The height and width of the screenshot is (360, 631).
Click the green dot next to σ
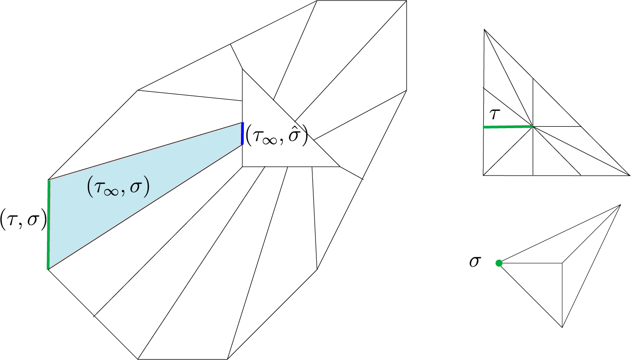[499, 263]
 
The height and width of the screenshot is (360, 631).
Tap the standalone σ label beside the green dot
[475, 262]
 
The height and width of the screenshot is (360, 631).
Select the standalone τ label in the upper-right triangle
[495, 114]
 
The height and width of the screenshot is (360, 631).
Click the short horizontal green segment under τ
[508, 127]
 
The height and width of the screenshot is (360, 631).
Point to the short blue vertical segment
[242, 133]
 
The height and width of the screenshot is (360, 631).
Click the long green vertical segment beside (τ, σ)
[48, 225]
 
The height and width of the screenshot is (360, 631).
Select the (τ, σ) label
[23, 219]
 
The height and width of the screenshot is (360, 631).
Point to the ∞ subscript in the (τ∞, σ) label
[111, 192]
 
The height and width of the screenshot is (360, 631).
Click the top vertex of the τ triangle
[484, 29]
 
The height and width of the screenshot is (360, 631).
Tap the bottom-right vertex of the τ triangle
[630, 176]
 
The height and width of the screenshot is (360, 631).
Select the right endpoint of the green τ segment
[533, 127]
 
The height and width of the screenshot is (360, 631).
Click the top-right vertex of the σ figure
[620, 205]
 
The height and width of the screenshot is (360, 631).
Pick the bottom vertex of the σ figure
[562, 327]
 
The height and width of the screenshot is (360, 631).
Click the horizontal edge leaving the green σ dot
[531, 263]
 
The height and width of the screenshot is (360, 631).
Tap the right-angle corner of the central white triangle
[242, 167]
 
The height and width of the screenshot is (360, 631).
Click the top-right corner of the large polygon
[406, 1]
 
